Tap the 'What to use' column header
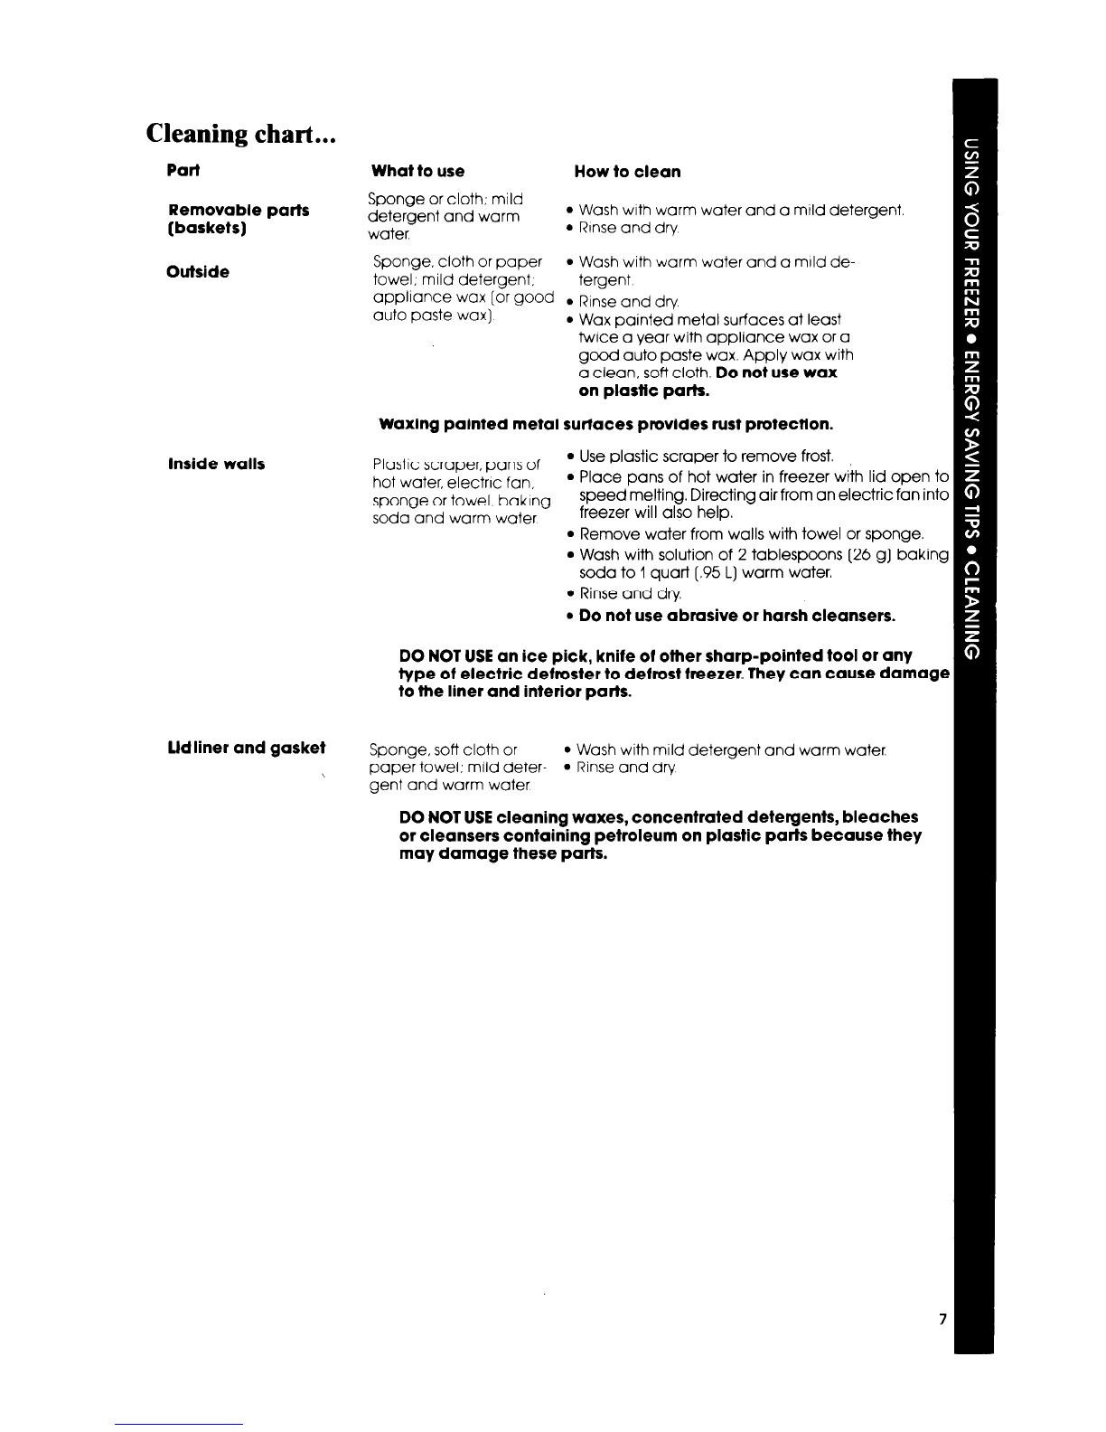[417, 171]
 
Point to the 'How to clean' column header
[627, 172]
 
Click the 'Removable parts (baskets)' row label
[238, 219]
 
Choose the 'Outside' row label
[198, 271]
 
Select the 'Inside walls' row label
[216, 464]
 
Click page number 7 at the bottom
[942, 1319]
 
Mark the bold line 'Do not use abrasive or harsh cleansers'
[736, 617]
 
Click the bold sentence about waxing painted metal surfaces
[605, 424]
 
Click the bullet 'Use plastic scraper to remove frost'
[706, 456]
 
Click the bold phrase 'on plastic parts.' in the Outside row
[643, 391]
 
